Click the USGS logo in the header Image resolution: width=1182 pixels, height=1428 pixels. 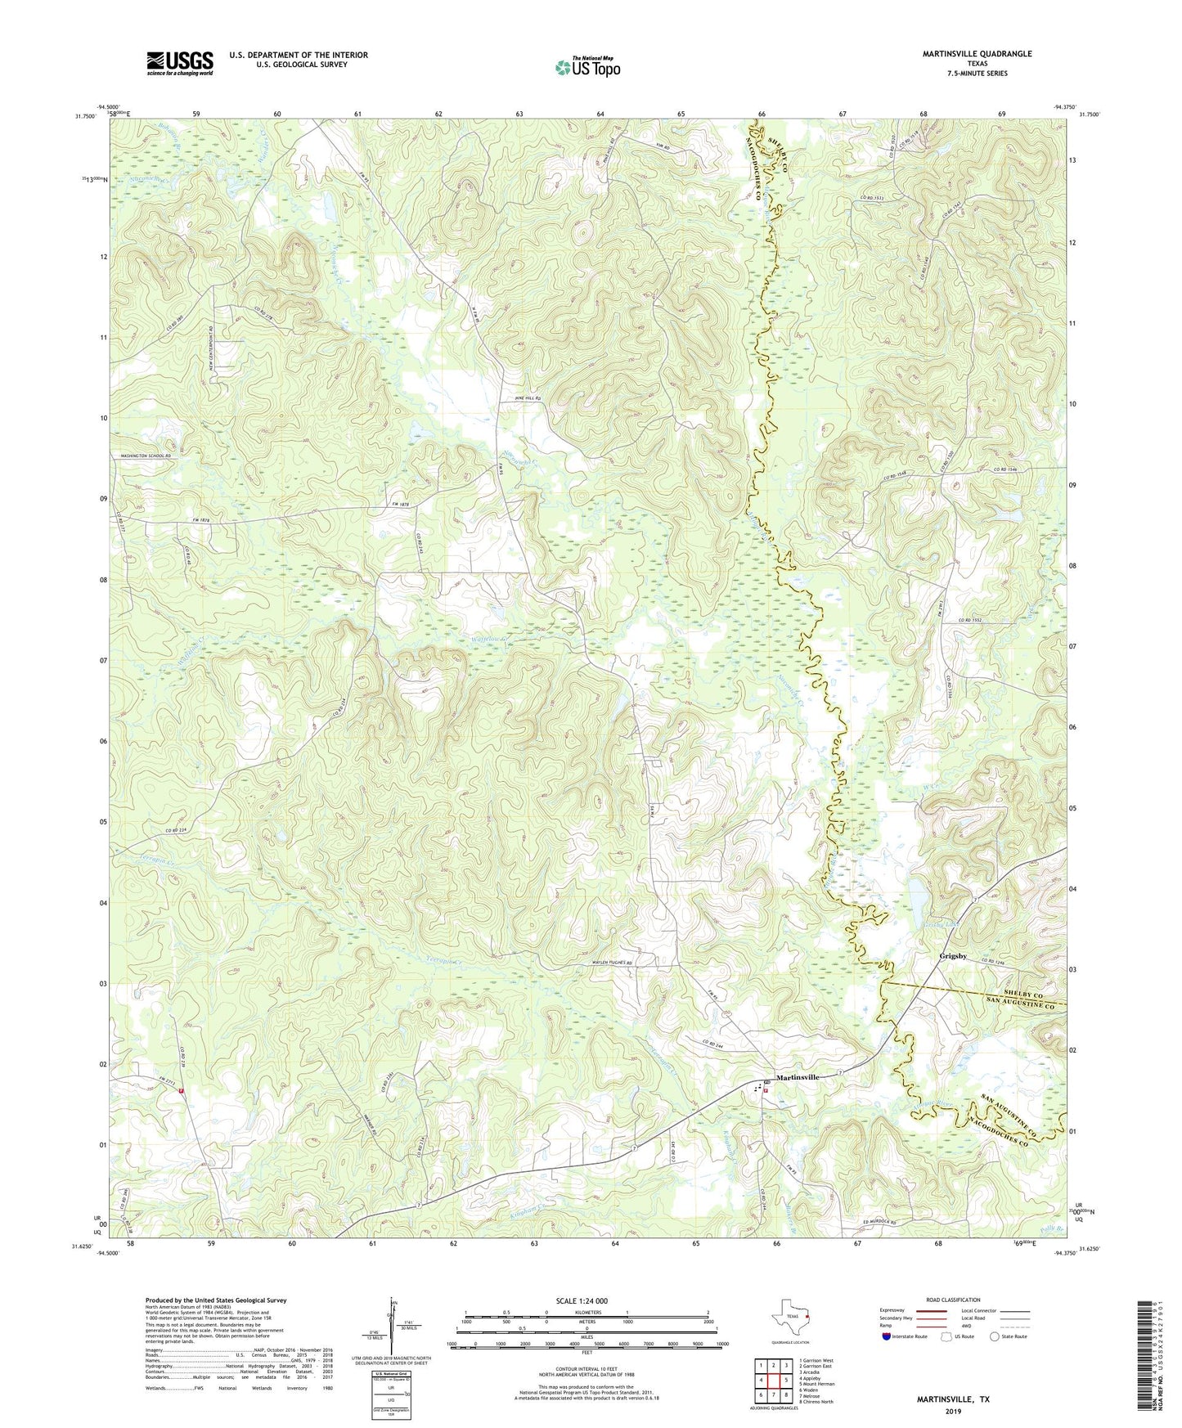180,63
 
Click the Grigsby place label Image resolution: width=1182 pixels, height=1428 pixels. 953,955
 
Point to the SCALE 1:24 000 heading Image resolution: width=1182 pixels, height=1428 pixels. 587,1300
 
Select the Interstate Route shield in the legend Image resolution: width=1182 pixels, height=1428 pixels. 888,1336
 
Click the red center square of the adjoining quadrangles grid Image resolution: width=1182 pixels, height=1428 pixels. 773,1379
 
